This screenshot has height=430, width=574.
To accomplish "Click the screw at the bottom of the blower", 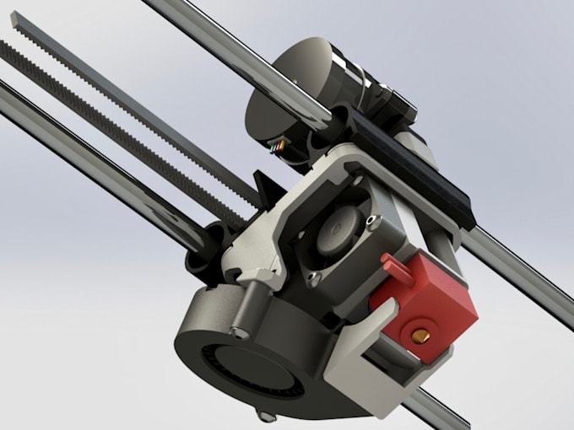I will [x=268, y=416].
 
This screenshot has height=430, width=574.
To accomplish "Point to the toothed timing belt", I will [x=127, y=126].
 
